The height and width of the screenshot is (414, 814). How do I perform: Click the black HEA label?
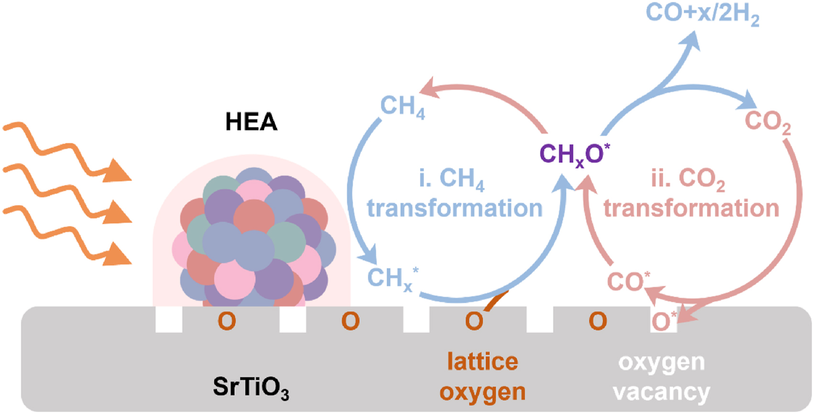[251, 122]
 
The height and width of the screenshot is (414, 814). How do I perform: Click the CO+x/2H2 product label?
[702, 14]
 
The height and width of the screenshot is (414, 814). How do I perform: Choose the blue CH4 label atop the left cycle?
[402, 106]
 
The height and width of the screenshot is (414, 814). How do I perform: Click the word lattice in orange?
[482, 362]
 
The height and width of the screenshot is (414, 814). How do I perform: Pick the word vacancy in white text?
[661, 392]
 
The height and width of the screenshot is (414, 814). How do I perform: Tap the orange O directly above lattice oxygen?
[474, 322]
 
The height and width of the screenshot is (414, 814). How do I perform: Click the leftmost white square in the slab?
[169, 319]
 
